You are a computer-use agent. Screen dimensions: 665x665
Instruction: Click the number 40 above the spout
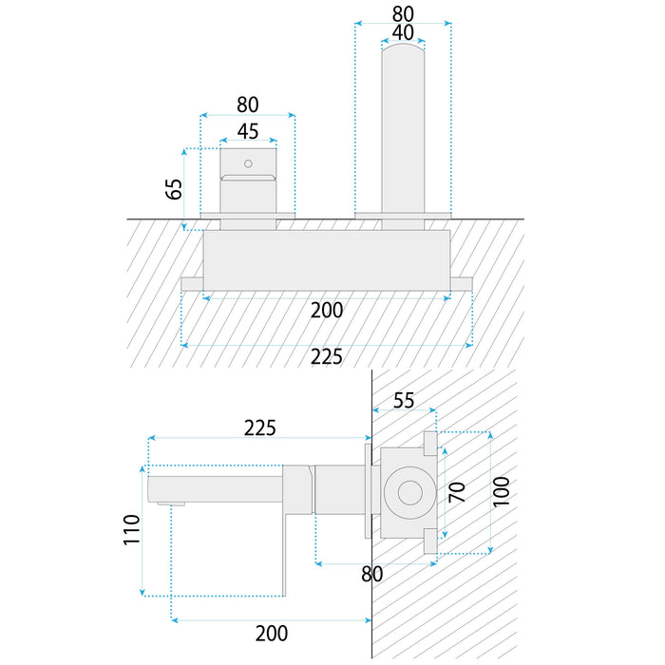tap(402, 33)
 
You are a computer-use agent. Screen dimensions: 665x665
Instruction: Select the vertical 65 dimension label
tap(174, 186)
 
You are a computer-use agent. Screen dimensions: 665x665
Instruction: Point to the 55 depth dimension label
tap(403, 401)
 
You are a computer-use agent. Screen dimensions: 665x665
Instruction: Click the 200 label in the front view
tap(327, 310)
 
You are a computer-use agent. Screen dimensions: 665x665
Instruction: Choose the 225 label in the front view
tap(327, 357)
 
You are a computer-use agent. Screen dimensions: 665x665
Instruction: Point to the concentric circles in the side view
tap(409, 493)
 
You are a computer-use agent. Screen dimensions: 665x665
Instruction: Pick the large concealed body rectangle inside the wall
tap(327, 258)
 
